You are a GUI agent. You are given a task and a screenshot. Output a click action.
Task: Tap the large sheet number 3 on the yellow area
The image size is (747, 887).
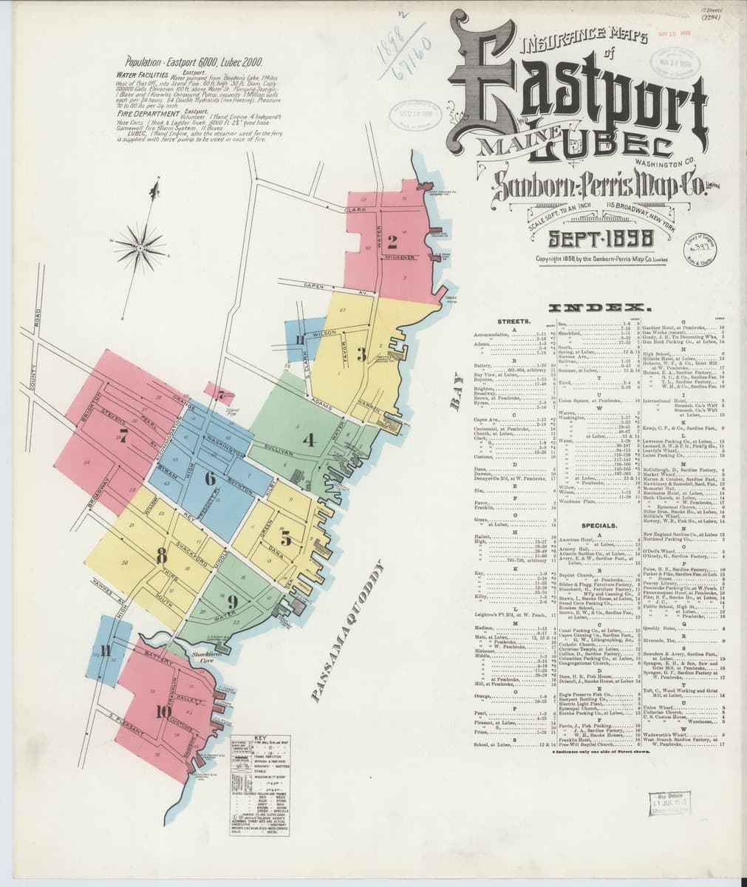361,354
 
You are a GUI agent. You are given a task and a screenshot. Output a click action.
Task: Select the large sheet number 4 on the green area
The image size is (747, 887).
309,441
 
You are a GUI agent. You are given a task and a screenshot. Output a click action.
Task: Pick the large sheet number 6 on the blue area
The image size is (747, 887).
210,477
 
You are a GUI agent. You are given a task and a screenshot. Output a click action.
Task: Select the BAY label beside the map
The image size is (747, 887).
455,400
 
